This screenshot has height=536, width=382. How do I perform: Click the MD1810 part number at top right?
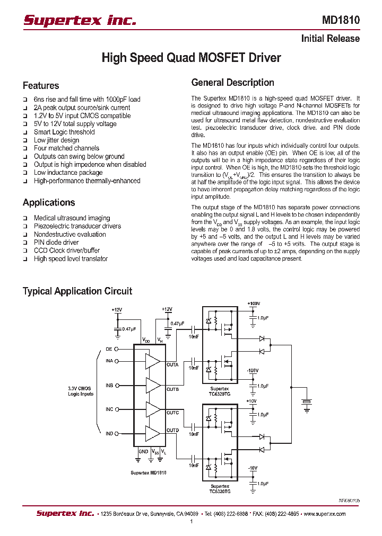point(341,21)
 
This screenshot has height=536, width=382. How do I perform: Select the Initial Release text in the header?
point(330,39)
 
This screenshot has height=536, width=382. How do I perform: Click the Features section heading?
point(41,86)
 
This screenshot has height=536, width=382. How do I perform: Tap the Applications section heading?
point(49,202)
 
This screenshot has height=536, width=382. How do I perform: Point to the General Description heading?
point(232,83)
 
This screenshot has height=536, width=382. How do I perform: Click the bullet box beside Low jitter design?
point(25,141)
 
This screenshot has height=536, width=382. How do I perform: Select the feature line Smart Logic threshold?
point(64,132)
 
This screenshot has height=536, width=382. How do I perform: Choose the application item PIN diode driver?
point(56,242)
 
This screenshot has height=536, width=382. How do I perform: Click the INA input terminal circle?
point(117,361)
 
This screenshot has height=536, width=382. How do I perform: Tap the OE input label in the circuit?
point(109,349)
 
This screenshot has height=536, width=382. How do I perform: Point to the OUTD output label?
point(172,430)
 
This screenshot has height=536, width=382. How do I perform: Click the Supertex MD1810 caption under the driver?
point(148,472)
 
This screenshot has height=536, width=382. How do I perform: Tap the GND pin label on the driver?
point(143,452)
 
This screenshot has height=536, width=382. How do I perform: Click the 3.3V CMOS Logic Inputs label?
point(81,391)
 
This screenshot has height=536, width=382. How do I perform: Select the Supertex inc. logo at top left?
point(80,21)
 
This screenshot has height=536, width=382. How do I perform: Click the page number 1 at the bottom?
point(191,522)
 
